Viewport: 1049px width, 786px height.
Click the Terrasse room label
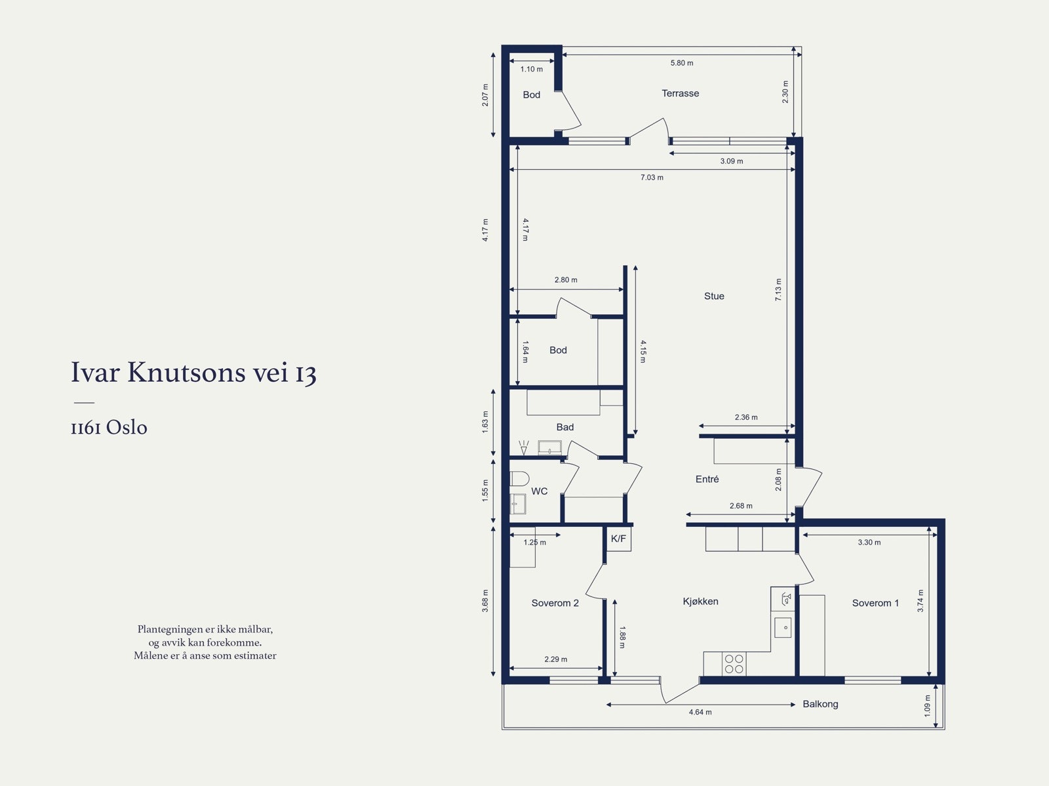[x=680, y=93]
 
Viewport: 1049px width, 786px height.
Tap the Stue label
[x=714, y=296]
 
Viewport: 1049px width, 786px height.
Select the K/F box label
[x=618, y=539]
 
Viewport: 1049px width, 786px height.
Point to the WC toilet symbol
[x=519, y=478]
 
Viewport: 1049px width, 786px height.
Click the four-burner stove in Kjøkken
[x=734, y=663]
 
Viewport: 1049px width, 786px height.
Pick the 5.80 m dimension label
[x=681, y=63]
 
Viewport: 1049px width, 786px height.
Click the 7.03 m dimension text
[x=652, y=177]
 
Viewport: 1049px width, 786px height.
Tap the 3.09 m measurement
[x=732, y=161]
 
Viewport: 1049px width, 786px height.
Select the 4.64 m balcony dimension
[x=700, y=712]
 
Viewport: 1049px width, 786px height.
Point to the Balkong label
[x=820, y=704]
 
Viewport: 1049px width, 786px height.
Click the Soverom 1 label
[x=875, y=603]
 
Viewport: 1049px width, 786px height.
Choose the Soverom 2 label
[x=555, y=603]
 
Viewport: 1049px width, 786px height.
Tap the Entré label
[x=707, y=479]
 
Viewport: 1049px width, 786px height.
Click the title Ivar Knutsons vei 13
[x=193, y=372]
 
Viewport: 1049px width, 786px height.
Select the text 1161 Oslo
[x=109, y=427]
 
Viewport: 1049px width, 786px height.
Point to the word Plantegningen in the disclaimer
[x=167, y=630]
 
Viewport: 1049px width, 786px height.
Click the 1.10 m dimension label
[x=532, y=70]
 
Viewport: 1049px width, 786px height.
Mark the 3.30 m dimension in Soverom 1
[x=869, y=542]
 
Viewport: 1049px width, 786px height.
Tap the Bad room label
[x=565, y=427]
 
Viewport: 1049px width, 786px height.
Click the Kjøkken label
[x=700, y=602]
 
